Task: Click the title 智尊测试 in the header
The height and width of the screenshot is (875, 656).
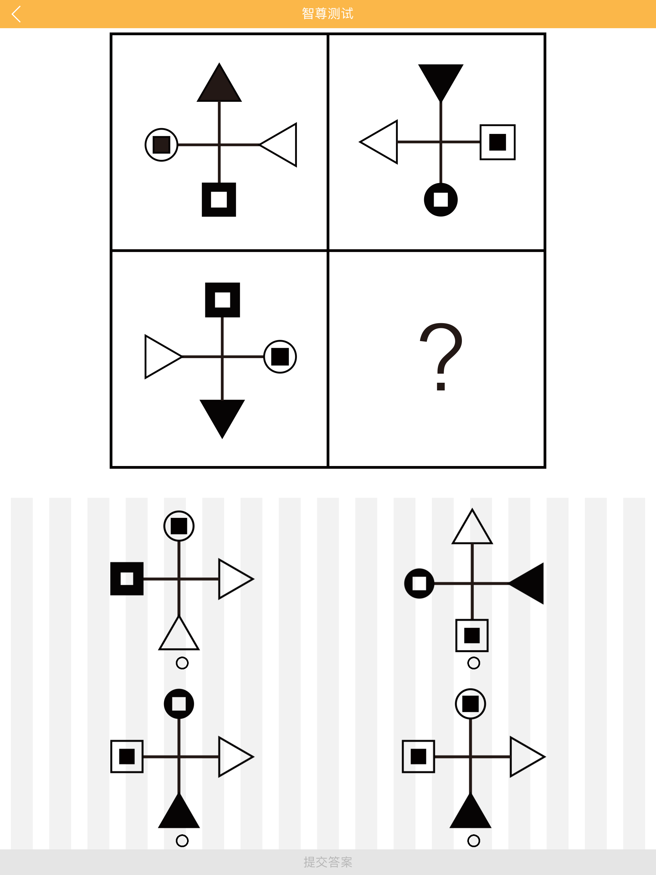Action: click(x=328, y=14)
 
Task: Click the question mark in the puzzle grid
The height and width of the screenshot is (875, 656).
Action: click(x=440, y=356)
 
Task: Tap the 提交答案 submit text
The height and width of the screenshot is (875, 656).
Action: click(x=328, y=862)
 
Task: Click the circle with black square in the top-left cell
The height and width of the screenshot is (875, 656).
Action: click(x=161, y=145)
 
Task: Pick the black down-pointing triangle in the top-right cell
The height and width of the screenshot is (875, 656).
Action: click(x=441, y=79)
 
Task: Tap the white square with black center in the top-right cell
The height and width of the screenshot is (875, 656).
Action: click(x=497, y=142)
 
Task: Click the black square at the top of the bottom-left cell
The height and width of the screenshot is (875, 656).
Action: click(x=222, y=300)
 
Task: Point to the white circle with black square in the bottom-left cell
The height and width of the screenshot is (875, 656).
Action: click(x=280, y=356)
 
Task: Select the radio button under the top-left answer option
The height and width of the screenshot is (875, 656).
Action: click(x=182, y=663)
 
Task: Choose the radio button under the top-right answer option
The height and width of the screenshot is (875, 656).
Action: click(x=474, y=663)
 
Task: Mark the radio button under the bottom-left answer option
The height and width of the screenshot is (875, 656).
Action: click(x=182, y=841)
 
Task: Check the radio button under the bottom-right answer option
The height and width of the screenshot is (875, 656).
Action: click(x=474, y=841)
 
